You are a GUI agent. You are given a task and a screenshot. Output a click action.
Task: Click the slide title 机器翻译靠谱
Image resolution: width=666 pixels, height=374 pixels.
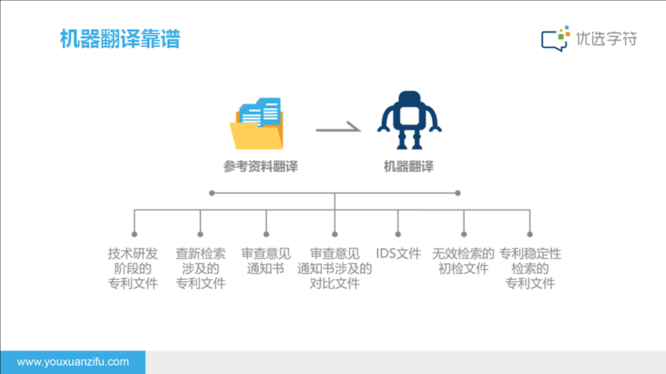click(x=120, y=39)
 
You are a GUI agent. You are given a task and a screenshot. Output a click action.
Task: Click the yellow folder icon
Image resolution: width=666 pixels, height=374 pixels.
click(x=257, y=132)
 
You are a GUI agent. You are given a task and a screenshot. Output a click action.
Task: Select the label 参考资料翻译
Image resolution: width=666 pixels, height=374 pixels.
click(x=259, y=167)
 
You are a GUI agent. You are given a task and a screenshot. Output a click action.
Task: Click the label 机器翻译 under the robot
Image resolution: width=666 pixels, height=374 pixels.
click(x=409, y=167)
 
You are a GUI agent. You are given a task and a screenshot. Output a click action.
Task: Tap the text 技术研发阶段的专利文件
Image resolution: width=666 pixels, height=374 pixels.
click(x=133, y=268)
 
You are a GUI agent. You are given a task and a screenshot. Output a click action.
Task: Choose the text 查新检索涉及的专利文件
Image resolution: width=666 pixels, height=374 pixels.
click(x=200, y=268)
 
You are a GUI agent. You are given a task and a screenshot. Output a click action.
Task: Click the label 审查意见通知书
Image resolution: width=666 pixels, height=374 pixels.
click(x=266, y=261)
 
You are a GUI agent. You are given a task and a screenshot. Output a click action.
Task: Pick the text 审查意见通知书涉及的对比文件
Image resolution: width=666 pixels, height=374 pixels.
click(x=334, y=268)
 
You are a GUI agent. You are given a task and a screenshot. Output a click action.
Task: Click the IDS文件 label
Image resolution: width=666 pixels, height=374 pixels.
click(x=398, y=253)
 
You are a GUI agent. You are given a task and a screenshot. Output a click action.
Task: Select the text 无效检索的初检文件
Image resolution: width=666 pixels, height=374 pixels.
click(x=463, y=261)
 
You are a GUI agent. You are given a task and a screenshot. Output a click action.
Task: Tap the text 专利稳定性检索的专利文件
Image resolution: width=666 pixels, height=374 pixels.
click(x=530, y=268)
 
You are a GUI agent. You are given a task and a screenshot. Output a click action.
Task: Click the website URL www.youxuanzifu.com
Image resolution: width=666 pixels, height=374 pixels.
click(x=73, y=362)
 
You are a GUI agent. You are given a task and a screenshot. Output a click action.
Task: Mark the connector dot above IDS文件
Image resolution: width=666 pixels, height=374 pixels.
click(x=398, y=234)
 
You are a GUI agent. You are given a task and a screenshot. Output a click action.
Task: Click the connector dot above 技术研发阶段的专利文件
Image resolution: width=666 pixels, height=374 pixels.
click(x=134, y=234)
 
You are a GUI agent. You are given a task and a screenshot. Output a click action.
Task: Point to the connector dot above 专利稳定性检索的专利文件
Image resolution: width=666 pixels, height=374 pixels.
click(x=529, y=234)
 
